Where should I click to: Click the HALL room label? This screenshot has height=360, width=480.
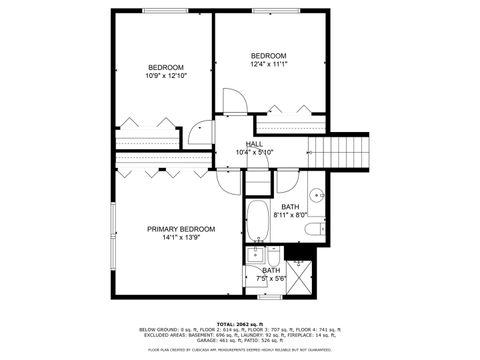tap(254, 144)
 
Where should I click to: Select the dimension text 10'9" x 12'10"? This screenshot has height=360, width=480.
tap(166, 76)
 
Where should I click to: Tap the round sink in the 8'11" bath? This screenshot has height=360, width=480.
tap(315, 195)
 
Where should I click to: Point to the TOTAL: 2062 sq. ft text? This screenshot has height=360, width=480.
tap(240, 323)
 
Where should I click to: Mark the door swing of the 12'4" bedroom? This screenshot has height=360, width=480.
tap(232, 102)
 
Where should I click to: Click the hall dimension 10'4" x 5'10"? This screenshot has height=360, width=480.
tap(254, 152)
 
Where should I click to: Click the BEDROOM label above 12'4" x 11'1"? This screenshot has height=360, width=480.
tap(268, 55)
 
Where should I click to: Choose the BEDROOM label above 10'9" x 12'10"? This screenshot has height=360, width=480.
tap(166, 67)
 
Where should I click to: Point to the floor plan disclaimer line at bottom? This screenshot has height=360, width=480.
tap(240, 350)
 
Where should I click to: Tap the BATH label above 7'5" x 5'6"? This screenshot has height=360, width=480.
tap(272, 270)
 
